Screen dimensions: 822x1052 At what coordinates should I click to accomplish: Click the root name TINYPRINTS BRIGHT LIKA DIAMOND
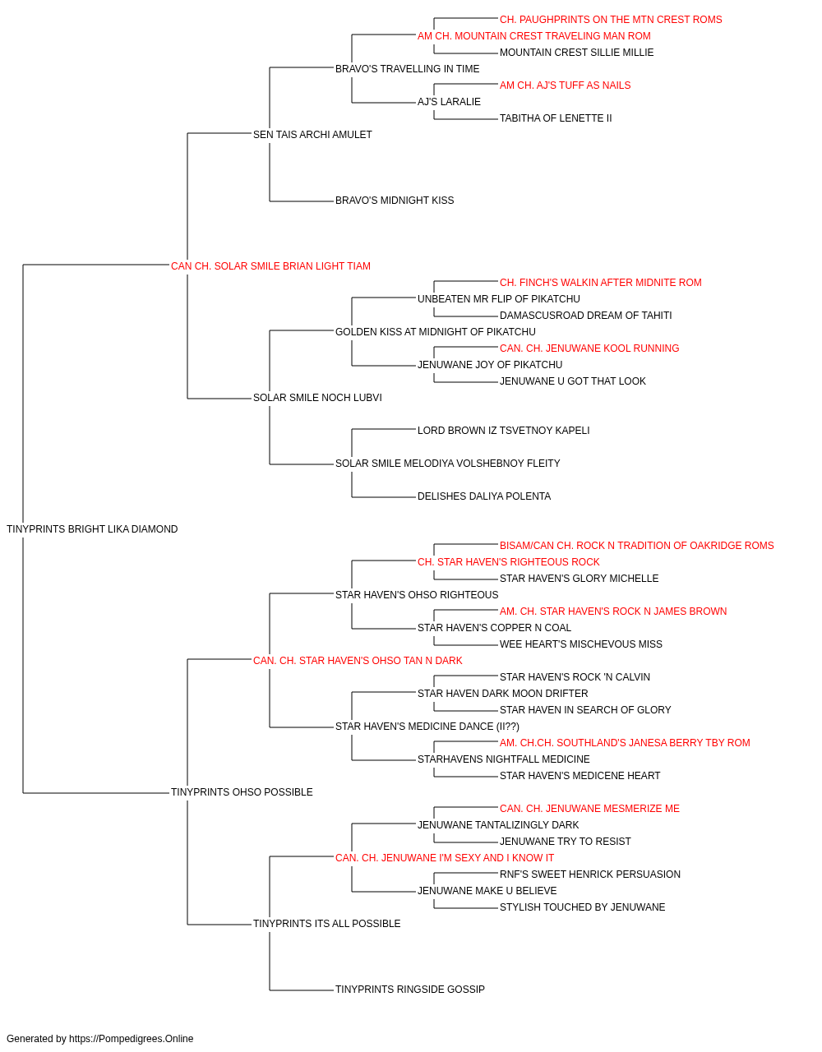pos(92,529)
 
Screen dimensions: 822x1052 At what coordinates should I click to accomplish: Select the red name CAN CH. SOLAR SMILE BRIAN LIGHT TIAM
pos(270,266)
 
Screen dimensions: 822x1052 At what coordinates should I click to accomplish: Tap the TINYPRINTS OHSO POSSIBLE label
pos(242,792)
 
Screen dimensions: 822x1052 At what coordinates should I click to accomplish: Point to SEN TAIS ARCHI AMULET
pos(312,135)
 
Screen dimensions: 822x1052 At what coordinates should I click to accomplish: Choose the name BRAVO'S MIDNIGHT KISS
pos(395,201)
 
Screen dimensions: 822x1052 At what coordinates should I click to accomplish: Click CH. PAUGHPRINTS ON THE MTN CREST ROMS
pos(611,20)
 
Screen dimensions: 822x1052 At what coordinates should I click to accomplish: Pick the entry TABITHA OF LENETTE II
pos(556,118)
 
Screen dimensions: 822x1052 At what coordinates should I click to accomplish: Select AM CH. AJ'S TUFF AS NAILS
pos(565,85)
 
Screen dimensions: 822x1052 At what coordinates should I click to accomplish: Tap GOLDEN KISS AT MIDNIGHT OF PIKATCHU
pos(435,332)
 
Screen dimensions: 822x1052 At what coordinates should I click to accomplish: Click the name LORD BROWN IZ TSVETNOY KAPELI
pos(503,431)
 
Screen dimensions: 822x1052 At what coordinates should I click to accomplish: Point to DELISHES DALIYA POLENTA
pos(484,496)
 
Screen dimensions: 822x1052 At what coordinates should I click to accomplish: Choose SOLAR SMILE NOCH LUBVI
pos(317,398)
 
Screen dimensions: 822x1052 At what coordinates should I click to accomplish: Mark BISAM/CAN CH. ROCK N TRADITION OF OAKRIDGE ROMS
pos(636,546)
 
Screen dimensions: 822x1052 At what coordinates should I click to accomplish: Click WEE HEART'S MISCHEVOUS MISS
pos(581,644)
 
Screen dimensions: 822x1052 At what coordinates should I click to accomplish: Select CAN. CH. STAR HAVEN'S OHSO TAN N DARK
pos(358,660)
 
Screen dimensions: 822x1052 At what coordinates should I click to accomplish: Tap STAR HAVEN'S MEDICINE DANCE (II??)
pos(427,727)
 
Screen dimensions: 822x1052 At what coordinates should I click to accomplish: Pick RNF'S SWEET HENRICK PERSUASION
pos(589,874)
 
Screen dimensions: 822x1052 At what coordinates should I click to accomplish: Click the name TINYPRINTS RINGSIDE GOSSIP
pos(409,989)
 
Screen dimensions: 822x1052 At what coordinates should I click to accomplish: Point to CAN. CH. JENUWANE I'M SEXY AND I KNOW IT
pos(445,858)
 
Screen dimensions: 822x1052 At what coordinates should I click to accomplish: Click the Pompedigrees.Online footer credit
pos(99,1039)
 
